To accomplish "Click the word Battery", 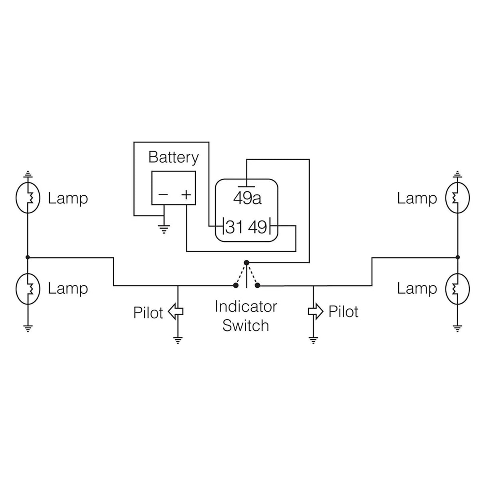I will [173, 157].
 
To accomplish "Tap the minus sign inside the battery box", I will [163, 195].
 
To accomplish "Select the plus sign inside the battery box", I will [186, 195].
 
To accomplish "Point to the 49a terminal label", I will [247, 198].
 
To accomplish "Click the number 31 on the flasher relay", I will [235, 227].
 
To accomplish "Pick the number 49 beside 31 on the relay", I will [257, 227].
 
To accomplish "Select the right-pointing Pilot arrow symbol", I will [316, 312].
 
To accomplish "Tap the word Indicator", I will [246, 306].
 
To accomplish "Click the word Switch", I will [246, 325].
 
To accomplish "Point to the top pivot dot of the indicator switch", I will [246, 262].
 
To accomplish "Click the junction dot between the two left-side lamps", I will [28, 257].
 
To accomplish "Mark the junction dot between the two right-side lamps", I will [458, 257].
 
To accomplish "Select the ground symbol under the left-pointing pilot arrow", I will [178, 340].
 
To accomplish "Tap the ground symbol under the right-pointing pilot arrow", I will [313, 340].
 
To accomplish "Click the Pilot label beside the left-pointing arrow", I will [148, 313].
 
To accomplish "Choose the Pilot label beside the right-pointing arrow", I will [343, 312].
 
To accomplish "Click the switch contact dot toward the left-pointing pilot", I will [235, 285].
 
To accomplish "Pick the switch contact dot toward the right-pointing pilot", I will [258, 285].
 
